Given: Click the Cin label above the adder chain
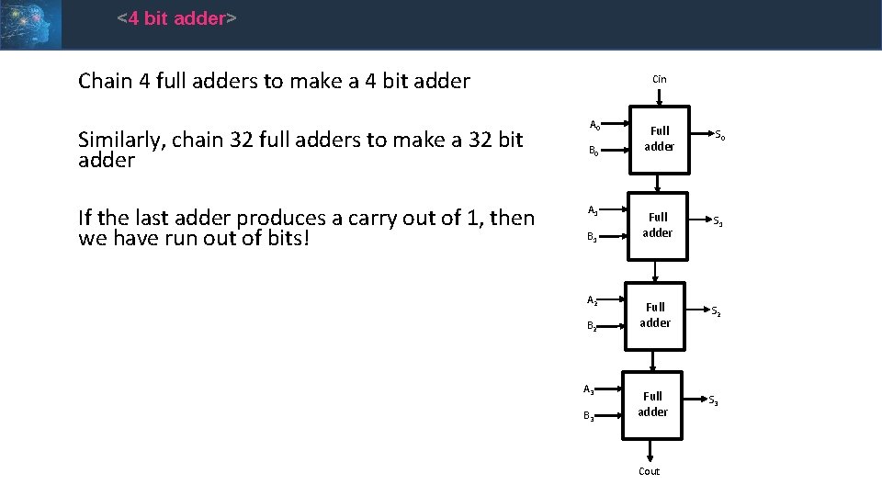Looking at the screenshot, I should coord(660,79).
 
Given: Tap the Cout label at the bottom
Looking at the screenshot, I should coord(649,471).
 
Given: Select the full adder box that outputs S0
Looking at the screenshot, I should coord(658,139).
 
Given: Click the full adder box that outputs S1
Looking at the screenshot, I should coord(658,225).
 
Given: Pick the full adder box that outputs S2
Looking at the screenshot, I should coord(655,315).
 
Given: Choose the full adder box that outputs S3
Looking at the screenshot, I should coord(652,404).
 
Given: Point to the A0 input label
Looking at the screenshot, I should coord(594,126).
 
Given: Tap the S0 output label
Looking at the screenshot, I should coord(720,137).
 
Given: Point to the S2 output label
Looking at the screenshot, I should coord(716,311).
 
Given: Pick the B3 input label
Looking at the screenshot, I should coord(589,418).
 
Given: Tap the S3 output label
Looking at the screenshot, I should coord(713,400).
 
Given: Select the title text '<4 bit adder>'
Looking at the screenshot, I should coord(177,18).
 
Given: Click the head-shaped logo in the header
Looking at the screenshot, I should coord(30,24).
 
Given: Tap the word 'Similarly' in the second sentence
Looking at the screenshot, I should coord(119,140).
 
